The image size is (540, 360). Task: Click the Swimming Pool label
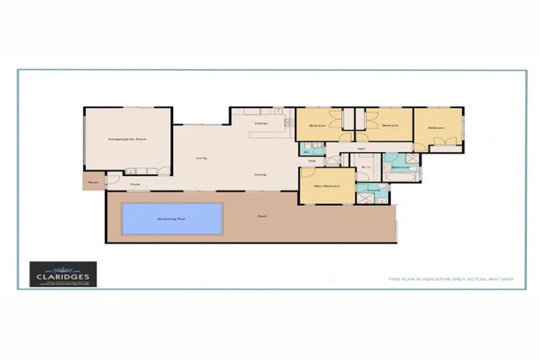(x=172, y=219)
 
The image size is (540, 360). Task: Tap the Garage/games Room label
(x=127, y=139)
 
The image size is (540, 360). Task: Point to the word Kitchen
(x=262, y=123)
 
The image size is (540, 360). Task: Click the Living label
(x=201, y=158)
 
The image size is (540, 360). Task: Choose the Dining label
(x=260, y=174)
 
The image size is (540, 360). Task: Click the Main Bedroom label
(x=326, y=186)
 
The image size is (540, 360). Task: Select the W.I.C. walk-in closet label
(x=366, y=167)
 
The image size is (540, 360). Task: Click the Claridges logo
(x=63, y=274)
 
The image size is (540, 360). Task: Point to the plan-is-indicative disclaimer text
(x=451, y=279)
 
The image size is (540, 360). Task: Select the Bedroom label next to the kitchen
(x=318, y=126)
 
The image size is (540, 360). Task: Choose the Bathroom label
(x=401, y=167)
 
